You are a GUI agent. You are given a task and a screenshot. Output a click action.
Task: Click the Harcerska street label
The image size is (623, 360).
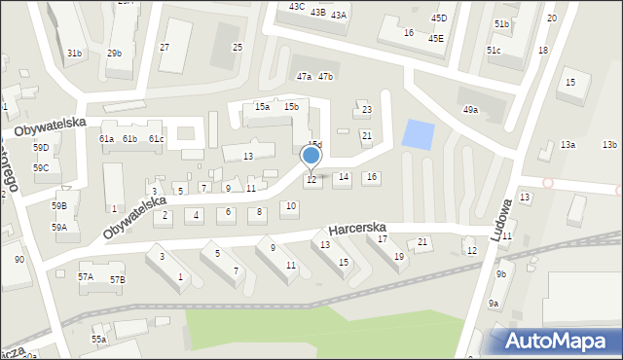pos(357,228)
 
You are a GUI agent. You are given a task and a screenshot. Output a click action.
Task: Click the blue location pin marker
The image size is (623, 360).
pos(311,156)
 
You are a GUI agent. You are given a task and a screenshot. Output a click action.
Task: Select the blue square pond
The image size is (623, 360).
pos(419,134)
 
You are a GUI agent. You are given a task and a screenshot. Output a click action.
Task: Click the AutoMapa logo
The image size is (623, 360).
pos(557,341)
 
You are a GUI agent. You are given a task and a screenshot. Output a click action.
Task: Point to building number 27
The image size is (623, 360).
pos(165,48)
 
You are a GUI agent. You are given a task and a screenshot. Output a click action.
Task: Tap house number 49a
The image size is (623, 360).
pos(471,110)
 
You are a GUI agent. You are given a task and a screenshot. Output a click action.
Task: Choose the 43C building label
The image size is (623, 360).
pos(297,6)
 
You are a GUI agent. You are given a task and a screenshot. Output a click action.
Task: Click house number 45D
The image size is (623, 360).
pos(439,18)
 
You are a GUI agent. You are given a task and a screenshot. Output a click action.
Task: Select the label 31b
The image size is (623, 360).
pos(75,53)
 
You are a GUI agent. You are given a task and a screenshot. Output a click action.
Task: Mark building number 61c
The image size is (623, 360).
pos(157,139)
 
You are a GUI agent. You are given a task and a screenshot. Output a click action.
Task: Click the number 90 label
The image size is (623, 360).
pos(19,260)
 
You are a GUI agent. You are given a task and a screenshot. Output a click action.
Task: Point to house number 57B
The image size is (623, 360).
pos(118,279)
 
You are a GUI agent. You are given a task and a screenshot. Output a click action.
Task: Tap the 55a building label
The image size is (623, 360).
pos(98,339)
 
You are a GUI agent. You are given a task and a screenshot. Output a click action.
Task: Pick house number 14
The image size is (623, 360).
pos(343,177)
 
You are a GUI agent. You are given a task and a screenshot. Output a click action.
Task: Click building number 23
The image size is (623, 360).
pos(367,110)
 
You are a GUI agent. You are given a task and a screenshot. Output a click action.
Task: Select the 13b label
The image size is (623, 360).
pos(609,145)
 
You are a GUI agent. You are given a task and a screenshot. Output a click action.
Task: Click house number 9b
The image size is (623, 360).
pos(500,274)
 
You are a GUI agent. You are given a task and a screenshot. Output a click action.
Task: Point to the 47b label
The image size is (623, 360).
pos(326,76)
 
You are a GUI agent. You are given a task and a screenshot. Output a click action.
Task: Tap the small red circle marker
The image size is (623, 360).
pos(548,182)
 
